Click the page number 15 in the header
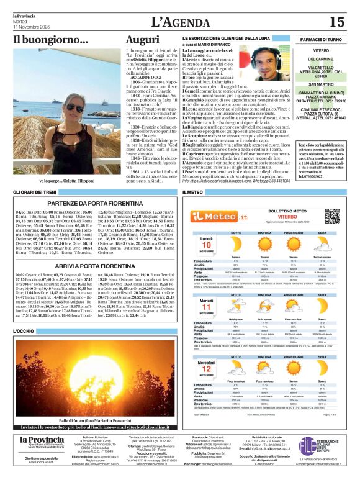(x=336, y=22)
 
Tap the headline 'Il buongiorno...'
(x=43, y=41)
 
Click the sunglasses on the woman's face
(x=73, y=108)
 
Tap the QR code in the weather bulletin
(x=331, y=216)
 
